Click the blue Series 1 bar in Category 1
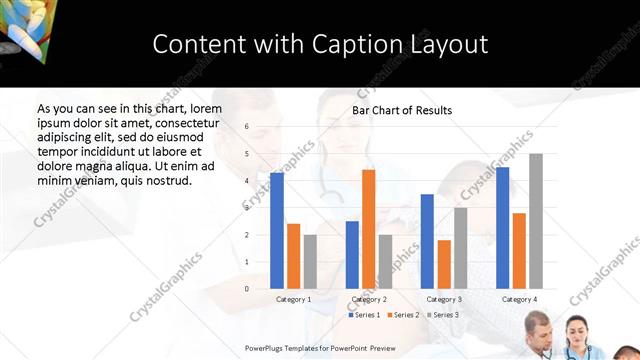[277, 231]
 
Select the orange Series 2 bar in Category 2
[369, 229]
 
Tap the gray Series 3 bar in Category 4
[536, 221]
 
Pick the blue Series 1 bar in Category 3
[427, 241]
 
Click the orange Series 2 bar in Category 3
[444, 264]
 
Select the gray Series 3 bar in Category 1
[310, 262]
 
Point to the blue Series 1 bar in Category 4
[503, 228]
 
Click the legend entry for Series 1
[364, 315]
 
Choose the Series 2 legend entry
[402, 315]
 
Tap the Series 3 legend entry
[442, 315]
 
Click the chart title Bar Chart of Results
[402, 110]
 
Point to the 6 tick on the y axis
[246, 128]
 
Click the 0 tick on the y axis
[246, 289]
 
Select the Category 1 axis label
[293, 299]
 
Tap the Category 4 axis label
[519, 299]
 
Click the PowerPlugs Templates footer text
[319, 347]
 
